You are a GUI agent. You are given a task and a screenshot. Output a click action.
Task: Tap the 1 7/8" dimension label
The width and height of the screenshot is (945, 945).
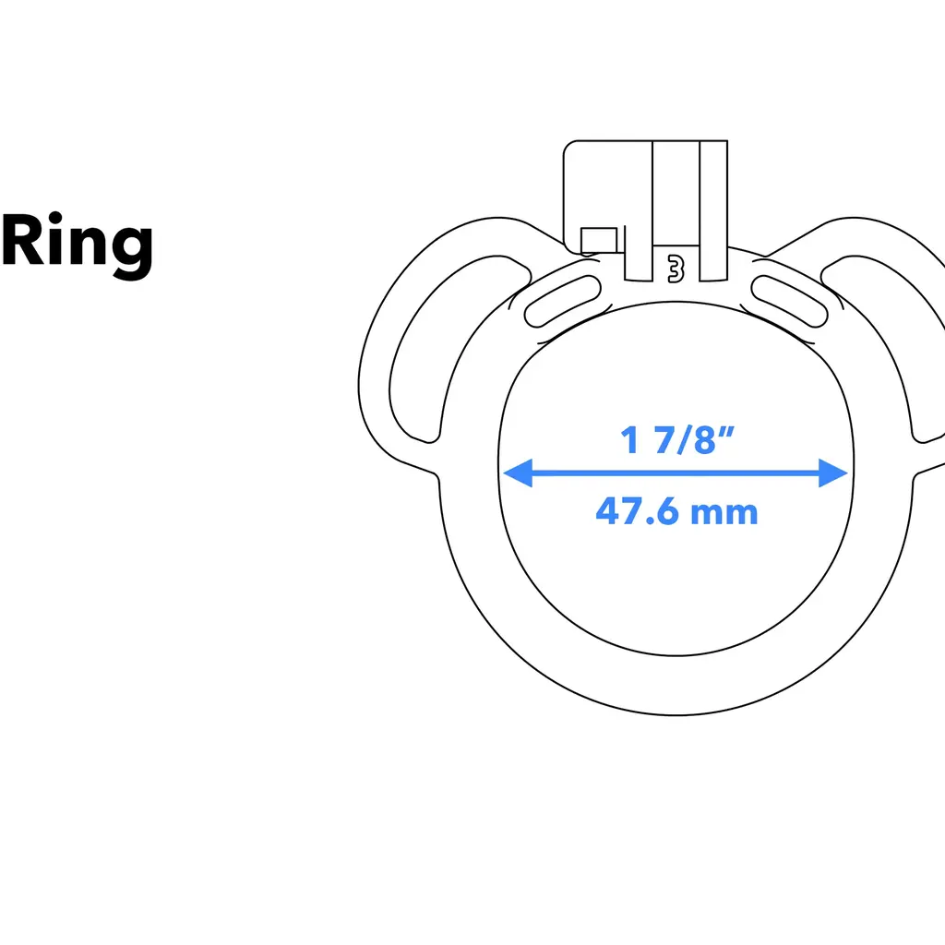[676, 440]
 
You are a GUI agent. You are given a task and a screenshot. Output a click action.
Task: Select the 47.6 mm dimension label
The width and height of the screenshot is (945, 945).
[676, 510]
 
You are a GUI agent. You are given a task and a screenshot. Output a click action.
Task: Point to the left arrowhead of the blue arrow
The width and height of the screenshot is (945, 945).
[515, 474]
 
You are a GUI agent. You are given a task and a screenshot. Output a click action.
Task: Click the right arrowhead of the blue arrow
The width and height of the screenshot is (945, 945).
[835, 474]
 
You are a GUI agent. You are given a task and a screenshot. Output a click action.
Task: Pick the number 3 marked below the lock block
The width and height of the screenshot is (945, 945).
[676, 269]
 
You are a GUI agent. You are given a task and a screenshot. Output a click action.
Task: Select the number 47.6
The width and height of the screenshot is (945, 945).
[636, 510]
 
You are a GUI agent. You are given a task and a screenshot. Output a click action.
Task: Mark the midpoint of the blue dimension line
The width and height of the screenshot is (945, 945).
[676, 474]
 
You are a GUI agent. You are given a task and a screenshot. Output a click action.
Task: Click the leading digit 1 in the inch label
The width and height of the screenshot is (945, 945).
[630, 440]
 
